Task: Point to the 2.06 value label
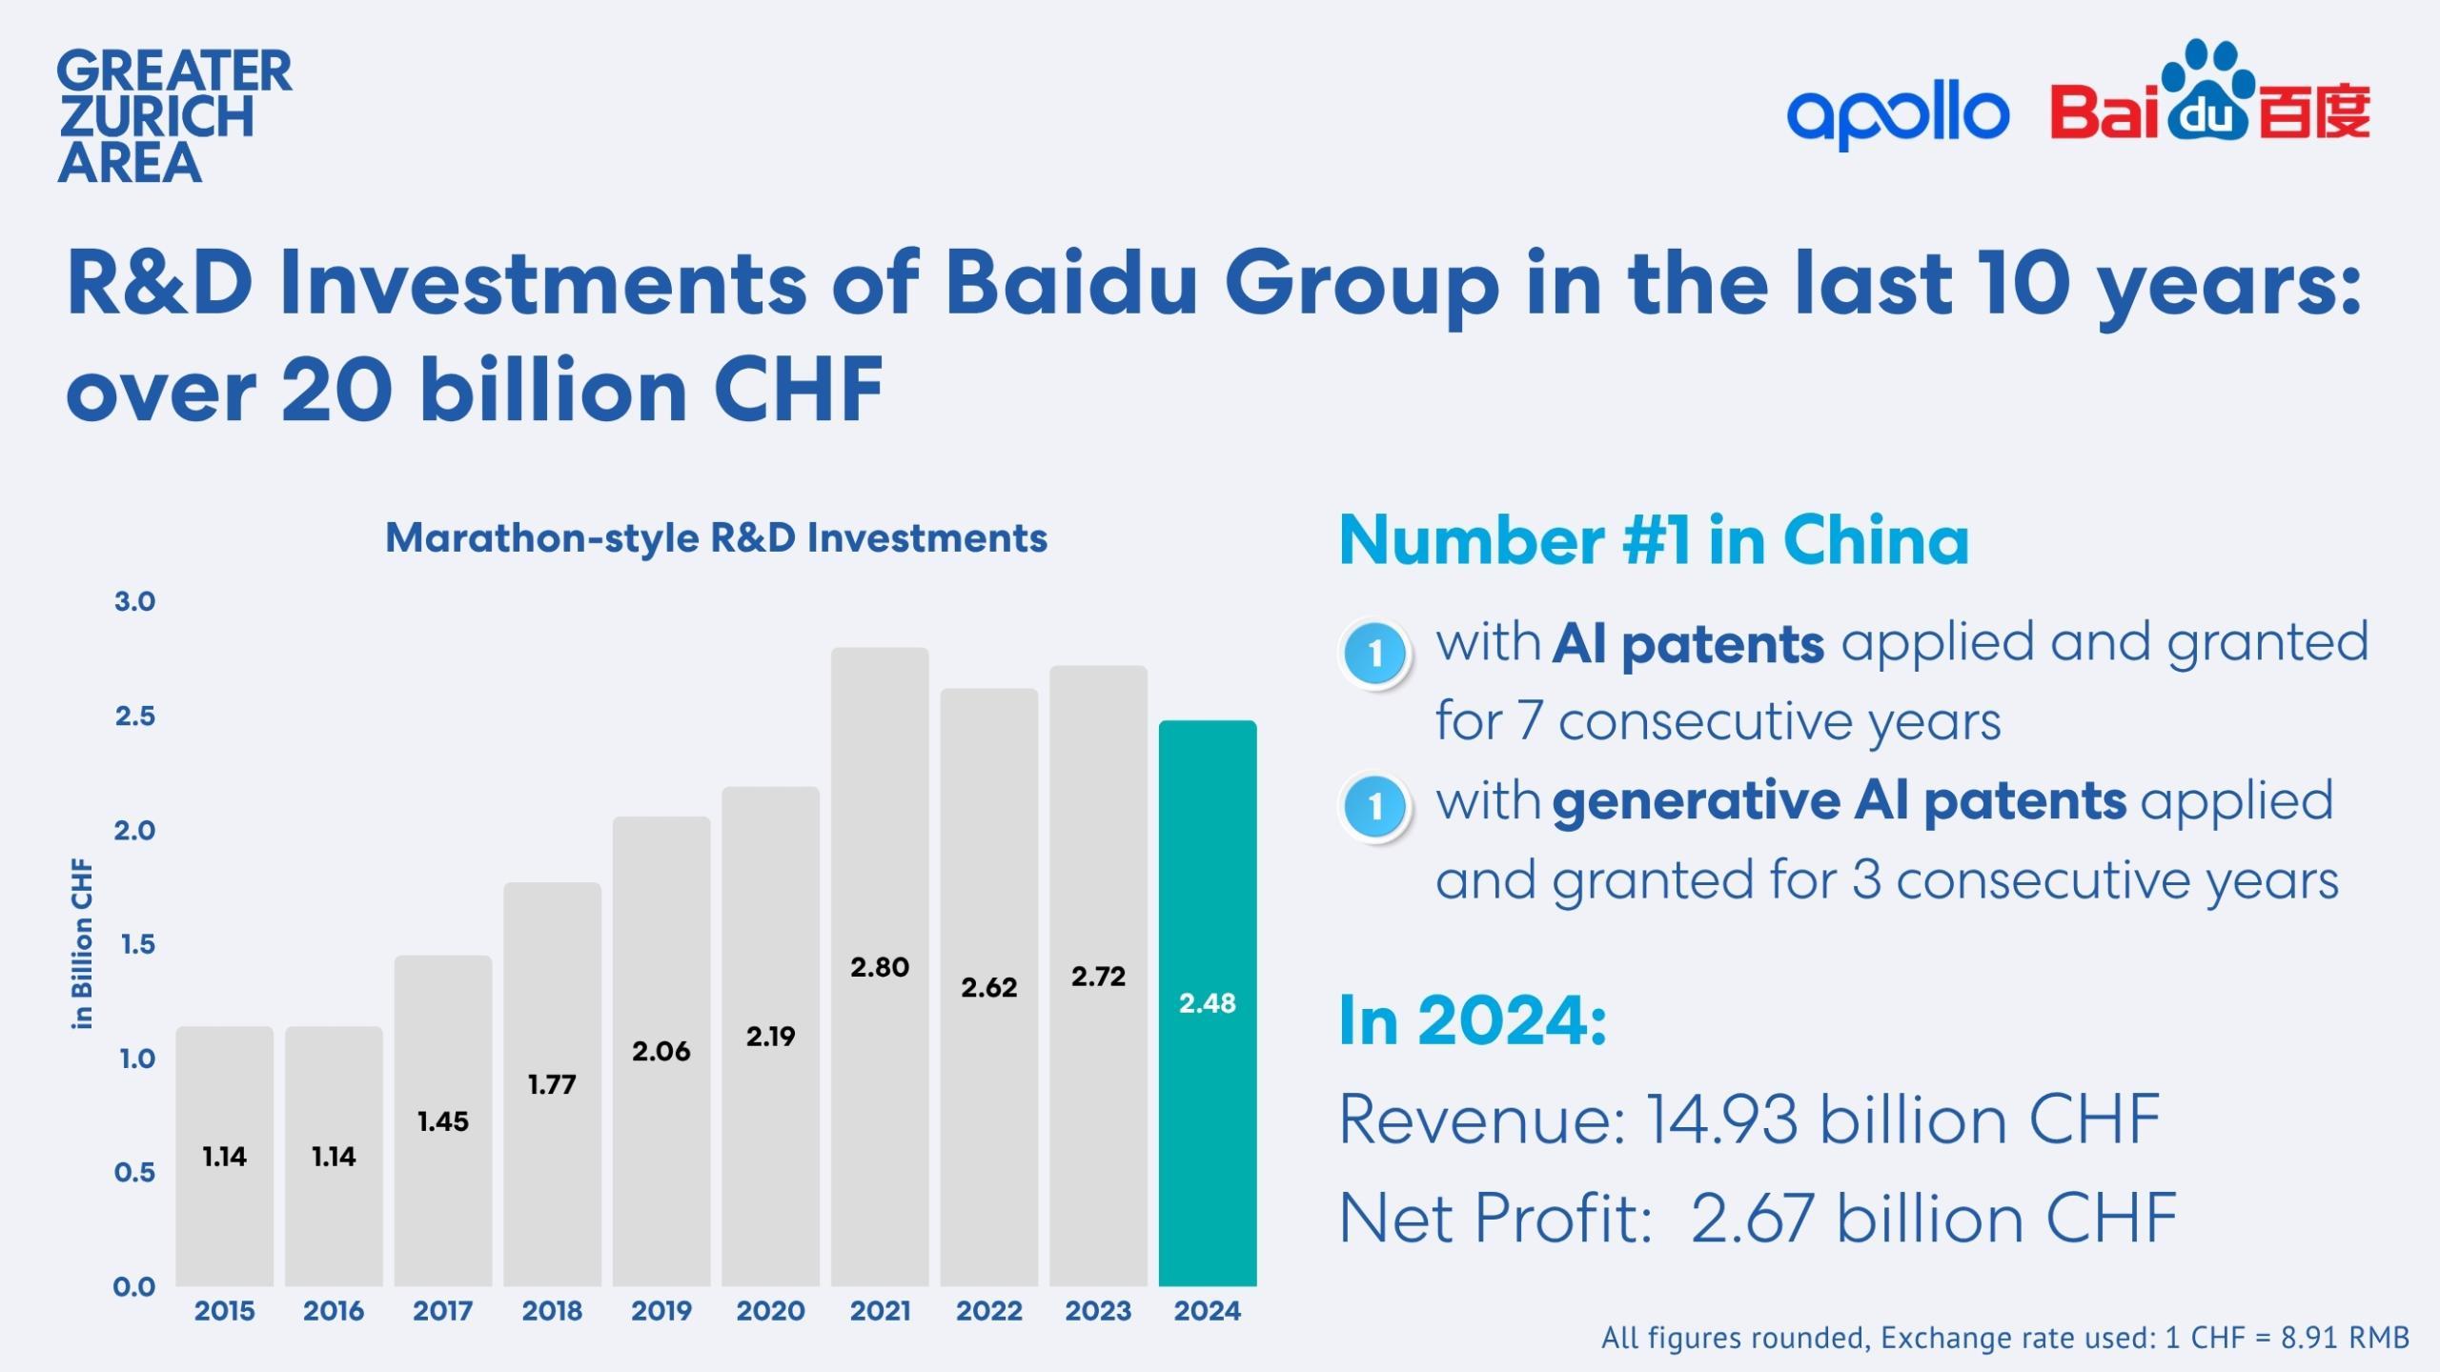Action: tap(661, 1051)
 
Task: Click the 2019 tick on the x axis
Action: tap(661, 1311)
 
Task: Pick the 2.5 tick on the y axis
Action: tap(134, 716)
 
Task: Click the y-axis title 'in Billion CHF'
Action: tap(83, 943)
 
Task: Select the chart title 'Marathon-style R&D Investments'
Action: tap(716, 538)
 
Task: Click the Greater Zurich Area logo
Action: tap(174, 116)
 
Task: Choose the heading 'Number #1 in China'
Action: tap(1654, 540)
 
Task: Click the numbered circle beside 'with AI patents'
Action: tap(1374, 654)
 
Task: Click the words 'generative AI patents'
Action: tap(1839, 800)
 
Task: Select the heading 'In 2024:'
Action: tap(1473, 1020)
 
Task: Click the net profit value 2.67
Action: tap(1752, 1219)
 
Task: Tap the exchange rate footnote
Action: tap(2005, 1338)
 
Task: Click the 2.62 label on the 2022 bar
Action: tap(988, 987)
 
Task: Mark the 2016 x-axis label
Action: tap(334, 1311)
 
